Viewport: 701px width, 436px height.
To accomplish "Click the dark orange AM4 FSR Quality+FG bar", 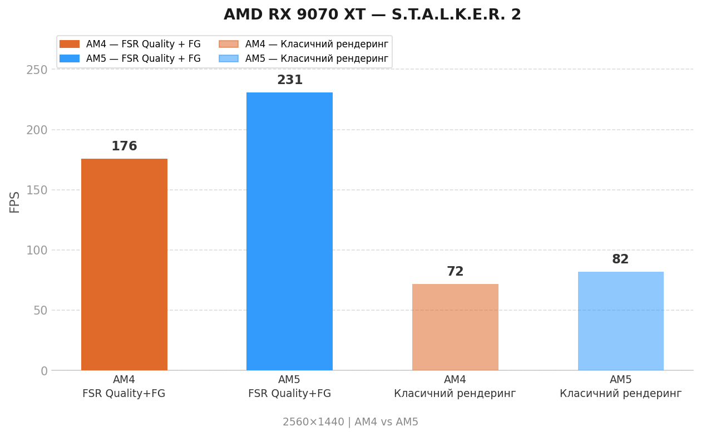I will [x=124, y=264].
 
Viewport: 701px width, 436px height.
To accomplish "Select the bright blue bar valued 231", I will [x=289, y=231].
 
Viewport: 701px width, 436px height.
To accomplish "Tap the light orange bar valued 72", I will [x=455, y=327].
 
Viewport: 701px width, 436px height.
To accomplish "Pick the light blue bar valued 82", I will [x=620, y=321].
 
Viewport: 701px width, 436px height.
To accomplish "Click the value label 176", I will [x=124, y=146].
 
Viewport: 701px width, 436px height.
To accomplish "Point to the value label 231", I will [x=290, y=80].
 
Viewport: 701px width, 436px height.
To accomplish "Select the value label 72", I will [x=455, y=272].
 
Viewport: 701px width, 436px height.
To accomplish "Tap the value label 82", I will [x=620, y=259].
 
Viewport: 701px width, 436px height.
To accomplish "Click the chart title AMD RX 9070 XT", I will [x=372, y=15].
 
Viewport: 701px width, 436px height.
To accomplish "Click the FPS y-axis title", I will [x=15, y=202].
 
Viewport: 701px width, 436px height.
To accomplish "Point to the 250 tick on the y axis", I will [x=37, y=70].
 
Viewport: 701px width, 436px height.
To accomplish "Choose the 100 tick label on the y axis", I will [x=37, y=250].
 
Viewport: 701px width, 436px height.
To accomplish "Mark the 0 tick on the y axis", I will [x=44, y=371].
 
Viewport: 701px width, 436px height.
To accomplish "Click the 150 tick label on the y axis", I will [x=37, y=190].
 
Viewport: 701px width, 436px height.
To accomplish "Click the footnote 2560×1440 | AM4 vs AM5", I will [x=350, y=422].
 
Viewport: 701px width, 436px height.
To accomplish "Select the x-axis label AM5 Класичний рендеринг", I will [x=620, y=387].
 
